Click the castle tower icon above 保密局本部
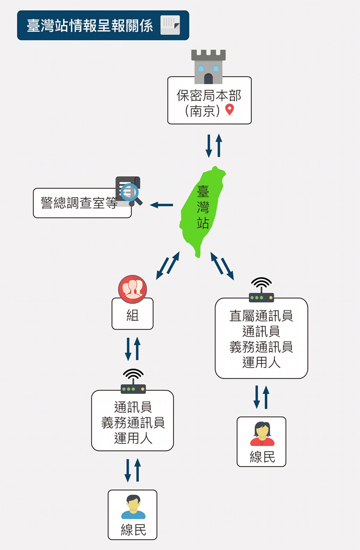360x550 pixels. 208,67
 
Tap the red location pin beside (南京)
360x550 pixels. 230,110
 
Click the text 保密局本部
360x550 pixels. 209,96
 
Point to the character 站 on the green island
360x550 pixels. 203,223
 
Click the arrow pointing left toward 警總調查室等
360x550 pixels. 161,205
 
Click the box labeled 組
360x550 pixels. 132,315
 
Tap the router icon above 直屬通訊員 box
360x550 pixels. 261,290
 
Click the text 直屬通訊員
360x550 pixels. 261,316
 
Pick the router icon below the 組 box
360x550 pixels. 133,382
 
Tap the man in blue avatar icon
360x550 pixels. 133,507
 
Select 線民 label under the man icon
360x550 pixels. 133,530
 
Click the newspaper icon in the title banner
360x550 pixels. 170,25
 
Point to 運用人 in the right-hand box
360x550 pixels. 261,363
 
